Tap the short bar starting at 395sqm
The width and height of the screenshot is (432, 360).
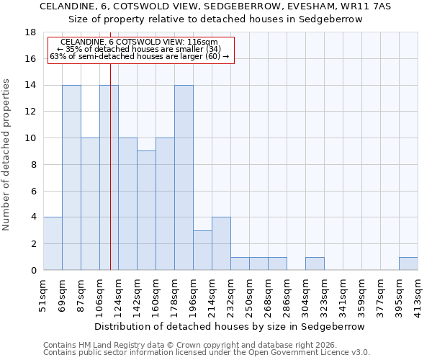[408, 264]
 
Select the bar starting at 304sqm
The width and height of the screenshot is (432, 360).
[315, 264]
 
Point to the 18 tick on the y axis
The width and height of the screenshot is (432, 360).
[30, 32]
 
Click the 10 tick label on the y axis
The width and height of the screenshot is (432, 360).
[30, 138]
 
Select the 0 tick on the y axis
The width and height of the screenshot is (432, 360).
[33, 271]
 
